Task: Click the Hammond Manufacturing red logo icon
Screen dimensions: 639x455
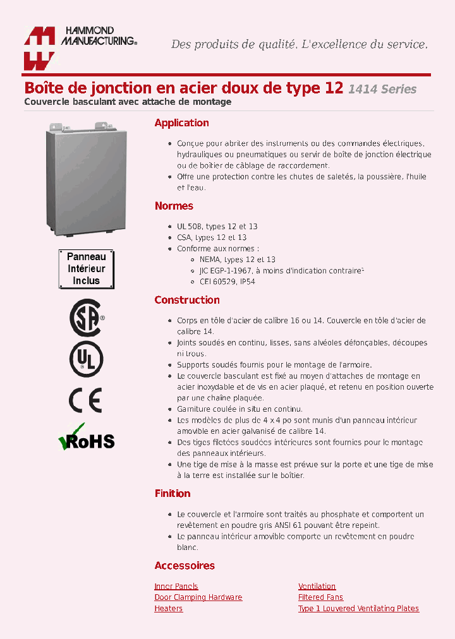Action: tap(40, 48)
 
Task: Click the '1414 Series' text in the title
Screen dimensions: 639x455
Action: tap(382, 89)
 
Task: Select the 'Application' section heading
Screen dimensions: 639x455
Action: tap(181, 123)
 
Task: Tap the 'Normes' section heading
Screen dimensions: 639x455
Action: tap(174, 206)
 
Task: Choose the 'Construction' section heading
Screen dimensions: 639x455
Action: tap(187, 300)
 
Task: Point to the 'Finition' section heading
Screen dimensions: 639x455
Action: tap(173, 493)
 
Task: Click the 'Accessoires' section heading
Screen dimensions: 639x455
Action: tap(185, 566)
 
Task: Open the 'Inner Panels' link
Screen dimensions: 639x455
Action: tap(176, 587)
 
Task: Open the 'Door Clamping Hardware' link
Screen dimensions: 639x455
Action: tap(198, 597)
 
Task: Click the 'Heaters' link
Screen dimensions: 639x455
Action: tap(169, 609)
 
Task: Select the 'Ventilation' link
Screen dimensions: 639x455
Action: tap(317, 587)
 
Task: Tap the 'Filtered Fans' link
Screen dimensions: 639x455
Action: tap(320, 597)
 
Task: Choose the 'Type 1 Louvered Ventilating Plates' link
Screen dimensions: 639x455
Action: tap(358, 609)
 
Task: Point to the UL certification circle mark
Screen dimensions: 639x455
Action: tap(86, 359)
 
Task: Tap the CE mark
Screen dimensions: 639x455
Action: tap(85, 400)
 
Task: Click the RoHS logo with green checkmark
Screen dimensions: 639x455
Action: tap(86, 438)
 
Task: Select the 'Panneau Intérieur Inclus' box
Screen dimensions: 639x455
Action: tap(86, 269)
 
